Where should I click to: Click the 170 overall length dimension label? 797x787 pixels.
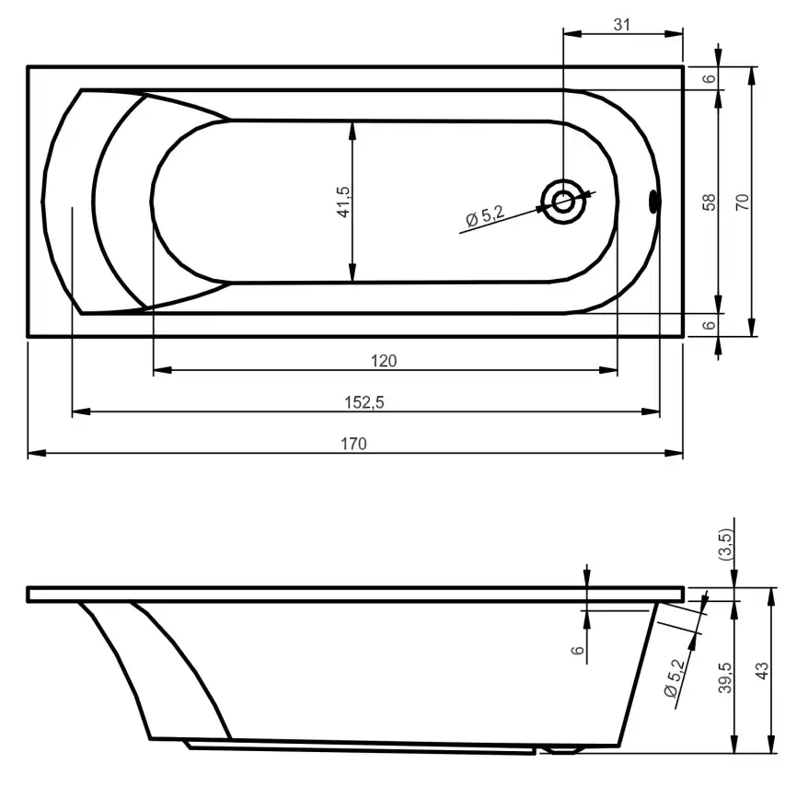click(354, 444)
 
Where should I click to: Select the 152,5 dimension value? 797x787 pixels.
click(365, 402)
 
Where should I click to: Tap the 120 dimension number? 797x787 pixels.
click(384, 361)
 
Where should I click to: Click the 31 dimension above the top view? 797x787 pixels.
click(622, 25)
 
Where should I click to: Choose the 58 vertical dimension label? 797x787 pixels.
click(709, 202)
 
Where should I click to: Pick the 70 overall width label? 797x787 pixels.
click(743, 202)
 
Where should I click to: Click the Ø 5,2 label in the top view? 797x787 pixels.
click(485, 217)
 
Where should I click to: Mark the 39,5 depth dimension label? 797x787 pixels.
click(726, 678)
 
